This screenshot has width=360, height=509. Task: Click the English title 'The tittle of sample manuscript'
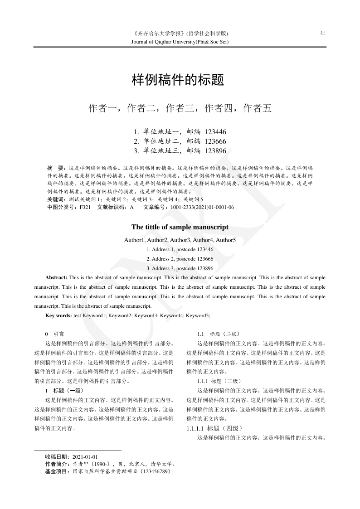180,227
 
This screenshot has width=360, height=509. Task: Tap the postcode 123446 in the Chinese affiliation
215,132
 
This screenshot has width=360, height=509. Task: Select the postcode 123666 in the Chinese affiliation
215,141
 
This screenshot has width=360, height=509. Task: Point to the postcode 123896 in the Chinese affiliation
215,151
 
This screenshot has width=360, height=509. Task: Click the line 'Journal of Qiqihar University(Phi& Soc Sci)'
180,42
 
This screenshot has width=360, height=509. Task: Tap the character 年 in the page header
323,34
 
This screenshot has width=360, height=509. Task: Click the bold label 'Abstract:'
56,277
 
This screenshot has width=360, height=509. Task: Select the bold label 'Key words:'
58,315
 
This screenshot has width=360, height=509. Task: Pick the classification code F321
85,207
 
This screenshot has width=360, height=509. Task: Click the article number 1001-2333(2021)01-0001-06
202,207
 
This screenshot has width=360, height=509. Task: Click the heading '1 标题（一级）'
64,390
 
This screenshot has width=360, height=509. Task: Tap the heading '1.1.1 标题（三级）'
222,381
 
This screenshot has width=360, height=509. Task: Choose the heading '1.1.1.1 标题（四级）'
215,428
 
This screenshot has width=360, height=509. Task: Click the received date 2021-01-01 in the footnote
85,457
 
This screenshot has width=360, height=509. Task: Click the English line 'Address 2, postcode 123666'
180,259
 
